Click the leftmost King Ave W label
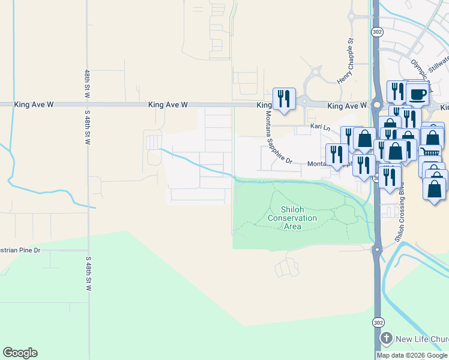(x=34, y=104)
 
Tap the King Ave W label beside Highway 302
(x=347, y=106)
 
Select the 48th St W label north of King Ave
(x=87, y=83)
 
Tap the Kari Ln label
(x=320, y=127)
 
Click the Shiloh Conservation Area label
(x=292, y=218)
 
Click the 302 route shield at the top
(x=376, y=31)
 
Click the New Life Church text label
(x=421, y=340)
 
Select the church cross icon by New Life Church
(x=387, y=339)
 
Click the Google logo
(x=20, y=353)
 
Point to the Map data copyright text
(x=412, y=355)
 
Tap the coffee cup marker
(x=418, y=94)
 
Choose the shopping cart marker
(x=430, y=154)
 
